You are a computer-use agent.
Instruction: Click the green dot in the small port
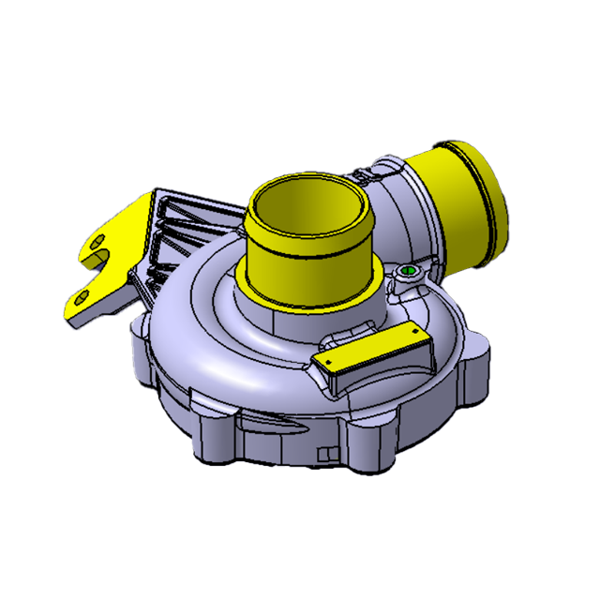pyautogui.click(x=408, y=272)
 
